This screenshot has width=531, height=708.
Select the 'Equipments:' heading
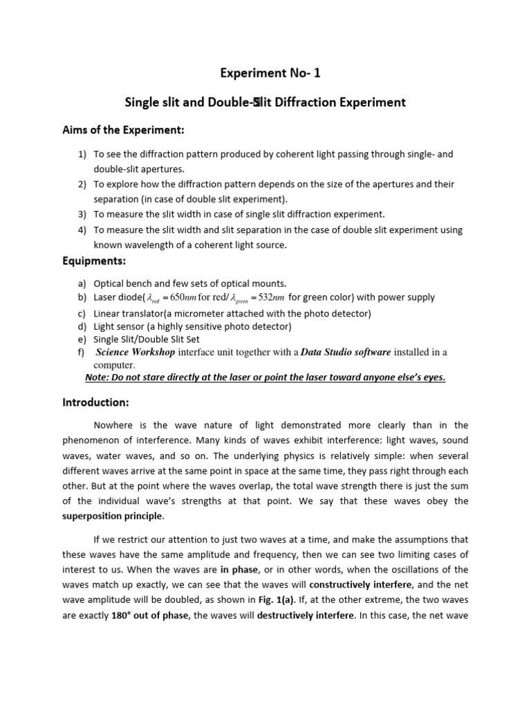[x=93, y=262]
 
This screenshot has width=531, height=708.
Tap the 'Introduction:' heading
[x=95, y=402]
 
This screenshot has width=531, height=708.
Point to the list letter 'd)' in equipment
[x=82, y=326]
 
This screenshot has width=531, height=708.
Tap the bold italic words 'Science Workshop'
[x=136, y=352]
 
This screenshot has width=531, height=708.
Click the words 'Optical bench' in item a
[x=123, y=283]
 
